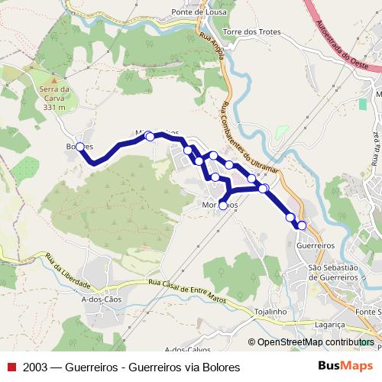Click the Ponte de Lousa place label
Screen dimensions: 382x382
pyautogui.click(x=202, y=13)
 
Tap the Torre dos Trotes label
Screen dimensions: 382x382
pyautogui.click(x=252, y=33)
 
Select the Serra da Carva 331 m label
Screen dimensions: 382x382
pyautogui.click(x=54, y=99)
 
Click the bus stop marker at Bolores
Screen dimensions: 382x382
pyautogui.click(x=80, y=147)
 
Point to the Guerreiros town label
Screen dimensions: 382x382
pyautogui.click(x=316, y=246)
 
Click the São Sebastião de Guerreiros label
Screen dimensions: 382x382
pyautogui.click(x=333, y=272)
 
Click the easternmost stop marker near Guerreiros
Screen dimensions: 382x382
pyautogui.click(x=302, y=225)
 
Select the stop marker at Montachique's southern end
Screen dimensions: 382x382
pyautogui.click(x=223, y=206)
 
